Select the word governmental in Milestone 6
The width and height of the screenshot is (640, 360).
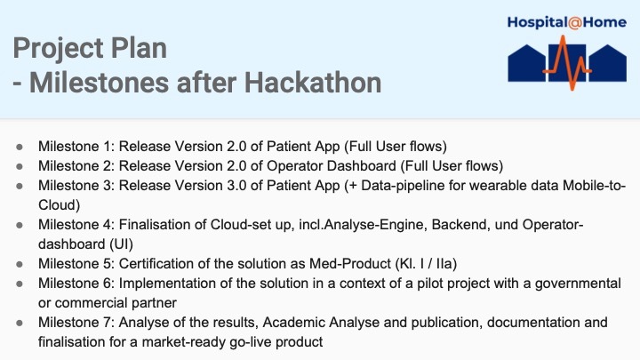(x=577, y=284)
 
